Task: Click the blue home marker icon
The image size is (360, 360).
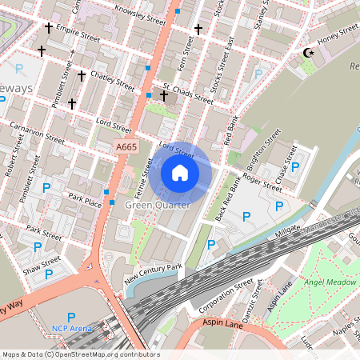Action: click(x=180, y=173)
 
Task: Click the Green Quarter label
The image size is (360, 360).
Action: click(x=158, y=206)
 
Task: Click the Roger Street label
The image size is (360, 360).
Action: click(x=262, y=183)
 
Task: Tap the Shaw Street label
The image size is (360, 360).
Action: click(x=42, y=263)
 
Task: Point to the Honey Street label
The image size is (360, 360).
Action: click(x=337, y=34)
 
